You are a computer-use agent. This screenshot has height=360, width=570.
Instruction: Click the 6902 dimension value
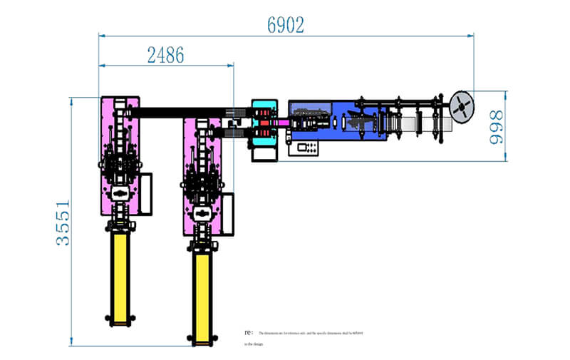point(286,25)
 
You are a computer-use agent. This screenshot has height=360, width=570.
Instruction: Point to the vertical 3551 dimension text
point(63,222)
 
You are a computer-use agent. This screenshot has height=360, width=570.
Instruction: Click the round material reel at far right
point(462,106)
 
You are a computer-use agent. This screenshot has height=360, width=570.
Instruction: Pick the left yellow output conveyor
point(120,274)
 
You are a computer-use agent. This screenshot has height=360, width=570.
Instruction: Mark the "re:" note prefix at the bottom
point(248,332)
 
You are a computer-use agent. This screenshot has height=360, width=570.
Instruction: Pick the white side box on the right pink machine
point(227,212)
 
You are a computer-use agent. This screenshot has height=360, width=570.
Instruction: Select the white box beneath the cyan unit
point(264,153)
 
